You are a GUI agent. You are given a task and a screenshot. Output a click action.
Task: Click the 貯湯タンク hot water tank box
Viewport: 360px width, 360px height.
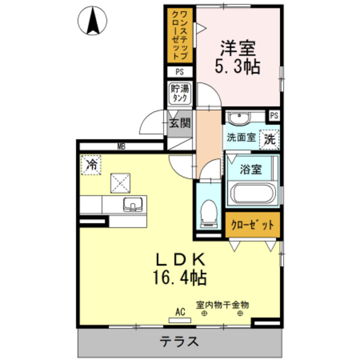click(x=180, y=93)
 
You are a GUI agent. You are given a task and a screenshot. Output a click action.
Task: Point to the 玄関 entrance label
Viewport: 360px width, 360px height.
click(x=180, y=123)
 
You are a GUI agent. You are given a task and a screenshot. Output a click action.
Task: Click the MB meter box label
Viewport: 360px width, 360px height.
click(x=120, y=147)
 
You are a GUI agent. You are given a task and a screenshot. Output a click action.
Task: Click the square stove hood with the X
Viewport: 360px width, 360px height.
click(x=119, y=182)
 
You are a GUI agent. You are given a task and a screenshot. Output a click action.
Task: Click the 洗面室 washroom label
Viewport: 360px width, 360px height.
click(x=241, y=137)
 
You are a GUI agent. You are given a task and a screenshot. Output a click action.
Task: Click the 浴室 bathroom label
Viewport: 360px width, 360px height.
click(x=251, y=170)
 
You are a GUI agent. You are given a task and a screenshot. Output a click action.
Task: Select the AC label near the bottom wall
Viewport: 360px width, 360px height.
click(x=180, y=312)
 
